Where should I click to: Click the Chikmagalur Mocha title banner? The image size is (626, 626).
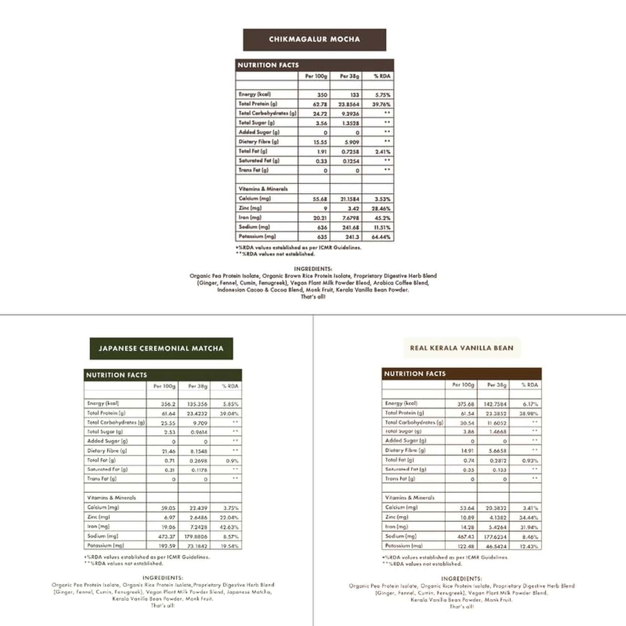314,40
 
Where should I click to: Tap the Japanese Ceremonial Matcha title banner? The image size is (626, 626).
161,348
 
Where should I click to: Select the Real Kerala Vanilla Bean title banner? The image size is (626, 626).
461,348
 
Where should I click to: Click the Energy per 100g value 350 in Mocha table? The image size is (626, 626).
322,95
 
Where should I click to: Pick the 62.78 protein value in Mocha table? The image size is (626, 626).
320,104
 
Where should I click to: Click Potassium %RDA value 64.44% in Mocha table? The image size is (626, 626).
381,237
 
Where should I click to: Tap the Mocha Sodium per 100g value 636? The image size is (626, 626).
322,228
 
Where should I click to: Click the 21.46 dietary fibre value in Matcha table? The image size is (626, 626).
168,451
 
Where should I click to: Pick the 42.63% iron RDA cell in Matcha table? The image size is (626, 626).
229,527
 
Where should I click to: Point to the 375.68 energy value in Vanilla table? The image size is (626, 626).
466,404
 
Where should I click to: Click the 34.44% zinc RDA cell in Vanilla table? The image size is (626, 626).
528,517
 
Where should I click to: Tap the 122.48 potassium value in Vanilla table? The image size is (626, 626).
466,546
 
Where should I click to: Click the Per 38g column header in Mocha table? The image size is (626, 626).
349,76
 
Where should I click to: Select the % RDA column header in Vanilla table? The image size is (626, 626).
529,385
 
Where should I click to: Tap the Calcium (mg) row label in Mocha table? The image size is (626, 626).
255,199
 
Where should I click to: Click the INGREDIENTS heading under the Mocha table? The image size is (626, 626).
313,269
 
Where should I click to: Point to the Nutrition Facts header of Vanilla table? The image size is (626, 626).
415,374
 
